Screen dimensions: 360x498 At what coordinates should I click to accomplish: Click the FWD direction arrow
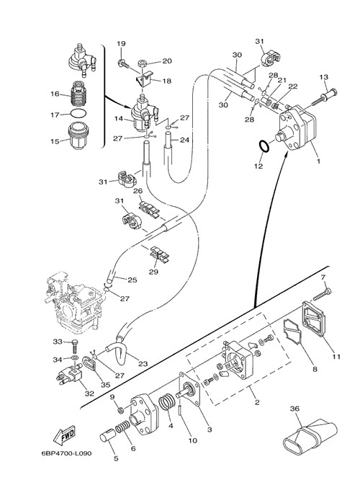coord(64,434)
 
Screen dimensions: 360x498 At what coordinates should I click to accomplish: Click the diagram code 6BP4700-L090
coord(67,453)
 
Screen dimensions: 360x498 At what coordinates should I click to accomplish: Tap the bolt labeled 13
coord(325,97)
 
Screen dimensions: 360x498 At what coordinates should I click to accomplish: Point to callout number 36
coord(294,409)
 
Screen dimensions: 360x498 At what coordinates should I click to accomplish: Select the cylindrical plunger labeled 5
coord(107,435)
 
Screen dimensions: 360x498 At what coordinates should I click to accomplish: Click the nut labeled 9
coord(120,410)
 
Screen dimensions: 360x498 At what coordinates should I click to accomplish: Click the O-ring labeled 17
coord(78,113)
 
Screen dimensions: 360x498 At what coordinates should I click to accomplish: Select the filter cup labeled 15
coord(77,135)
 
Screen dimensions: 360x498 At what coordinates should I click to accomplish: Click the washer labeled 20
coord(144,63)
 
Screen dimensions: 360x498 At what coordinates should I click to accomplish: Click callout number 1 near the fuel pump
coord(318,161)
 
